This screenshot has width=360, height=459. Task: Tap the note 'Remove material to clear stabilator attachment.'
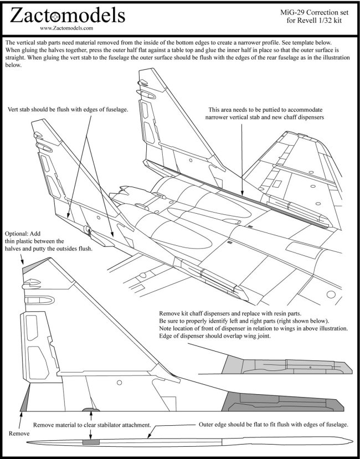tap(92, 424)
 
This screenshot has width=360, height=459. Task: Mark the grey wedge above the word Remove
tap(23, 401)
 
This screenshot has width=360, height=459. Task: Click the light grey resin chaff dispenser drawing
tap(280, 363)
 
